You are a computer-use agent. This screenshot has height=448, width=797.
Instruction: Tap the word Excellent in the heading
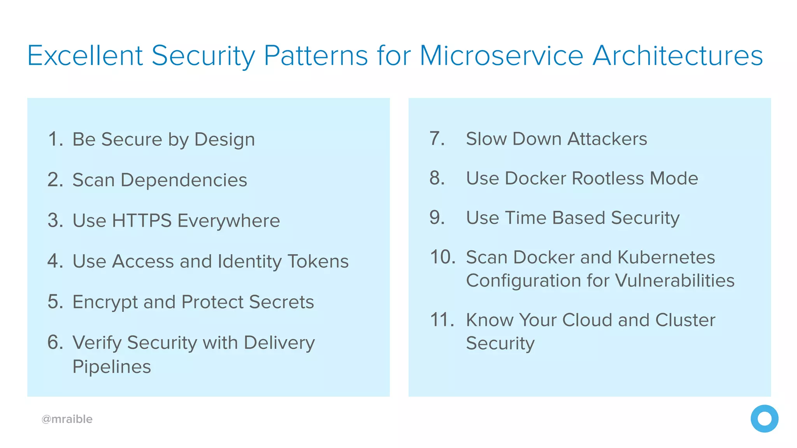[x=85, y=56]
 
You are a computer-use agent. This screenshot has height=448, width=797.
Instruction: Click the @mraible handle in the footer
[x=67, y=419]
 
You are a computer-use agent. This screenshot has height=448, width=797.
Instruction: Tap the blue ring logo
[x=764, y=418]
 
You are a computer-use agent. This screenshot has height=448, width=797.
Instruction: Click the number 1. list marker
[x=55, y=139]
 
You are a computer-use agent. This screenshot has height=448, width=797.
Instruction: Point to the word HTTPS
[x=142, y=220]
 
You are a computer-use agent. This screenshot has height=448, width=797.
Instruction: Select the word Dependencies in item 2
[x=184, y=180]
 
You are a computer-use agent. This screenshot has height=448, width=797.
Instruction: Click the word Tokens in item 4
[x=318, y=261]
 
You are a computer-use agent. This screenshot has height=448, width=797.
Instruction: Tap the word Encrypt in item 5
[x=105, y=302]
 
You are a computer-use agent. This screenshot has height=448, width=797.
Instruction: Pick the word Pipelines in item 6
[x=112, y=367]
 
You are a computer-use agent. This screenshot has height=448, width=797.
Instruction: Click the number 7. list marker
[x=437, y=139]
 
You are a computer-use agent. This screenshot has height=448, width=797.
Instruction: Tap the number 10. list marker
[x=442, y=257]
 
